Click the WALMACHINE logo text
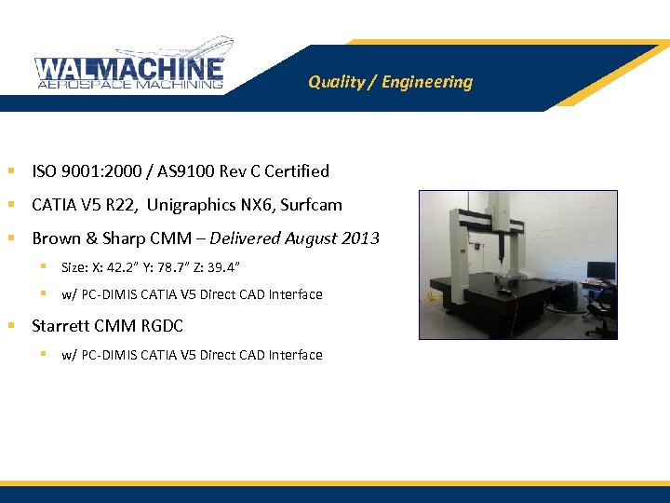(x=129, y=68)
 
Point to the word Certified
(x=297, y=171)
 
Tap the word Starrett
(x=60, y=326)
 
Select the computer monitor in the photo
(x=600, y=272)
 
